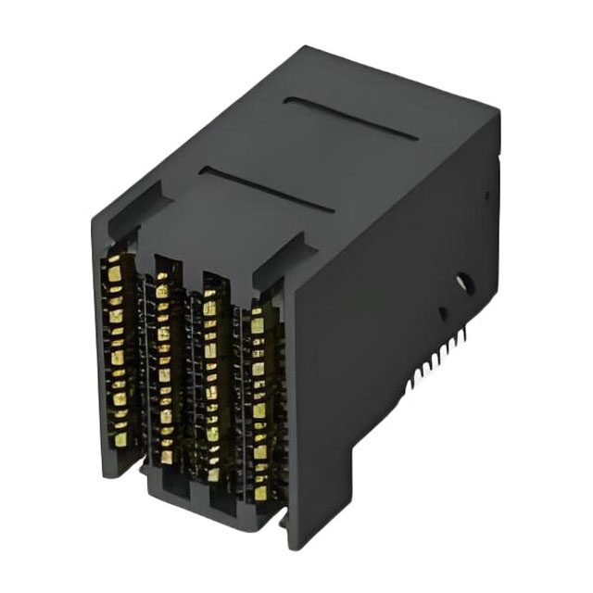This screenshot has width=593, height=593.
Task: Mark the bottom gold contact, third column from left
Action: [215, 473]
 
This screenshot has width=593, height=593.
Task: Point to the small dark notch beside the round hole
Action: [443, 313]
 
